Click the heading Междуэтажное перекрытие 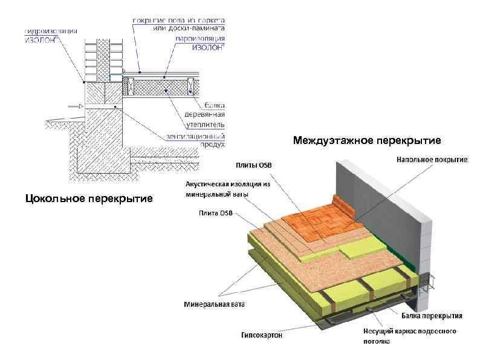pyautogui.click(x=368, y=141)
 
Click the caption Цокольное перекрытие pyautogui.click(x=89, y=198)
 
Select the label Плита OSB pyautogui.click(x=215, y=212)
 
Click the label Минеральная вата pyautogui.click(x=214, y=304)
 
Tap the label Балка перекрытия pyautogui.click(x=432, y=316)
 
